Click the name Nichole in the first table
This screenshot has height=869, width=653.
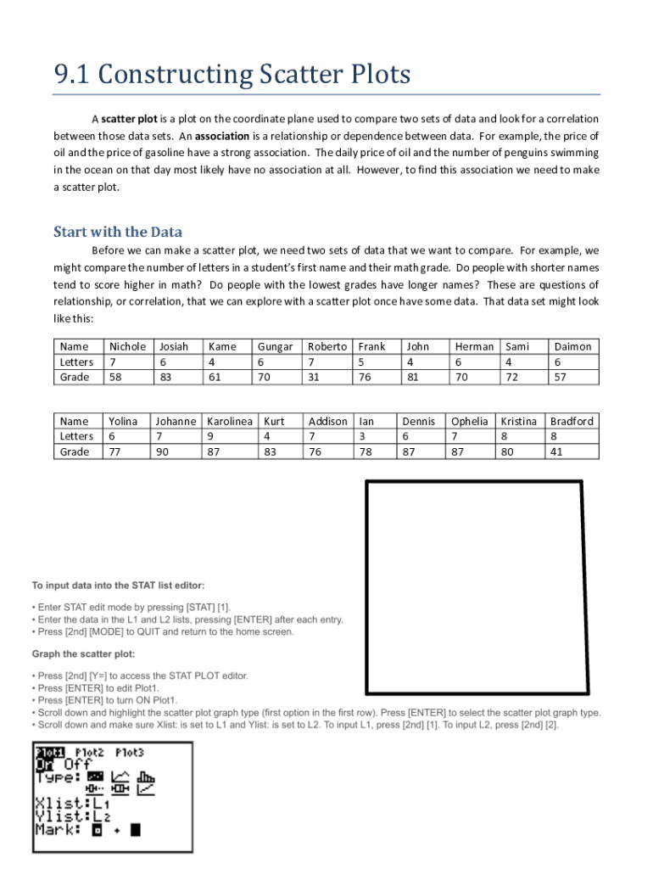127,346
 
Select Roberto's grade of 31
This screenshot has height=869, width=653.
313,377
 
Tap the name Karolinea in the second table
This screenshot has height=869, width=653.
230,421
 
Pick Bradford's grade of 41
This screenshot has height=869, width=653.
556,451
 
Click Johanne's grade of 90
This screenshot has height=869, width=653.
161,451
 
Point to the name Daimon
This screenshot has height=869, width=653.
572,346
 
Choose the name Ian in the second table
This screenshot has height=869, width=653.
366,421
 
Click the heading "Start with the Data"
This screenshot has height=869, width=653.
118,232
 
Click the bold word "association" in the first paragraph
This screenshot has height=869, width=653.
222,136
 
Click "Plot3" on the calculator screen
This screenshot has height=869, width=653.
130,752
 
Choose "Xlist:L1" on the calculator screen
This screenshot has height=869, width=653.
72,803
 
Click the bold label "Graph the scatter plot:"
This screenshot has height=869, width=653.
83,653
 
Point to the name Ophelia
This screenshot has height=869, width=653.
469,421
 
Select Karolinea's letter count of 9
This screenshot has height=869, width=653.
210,436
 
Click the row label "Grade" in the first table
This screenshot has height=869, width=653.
75,377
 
